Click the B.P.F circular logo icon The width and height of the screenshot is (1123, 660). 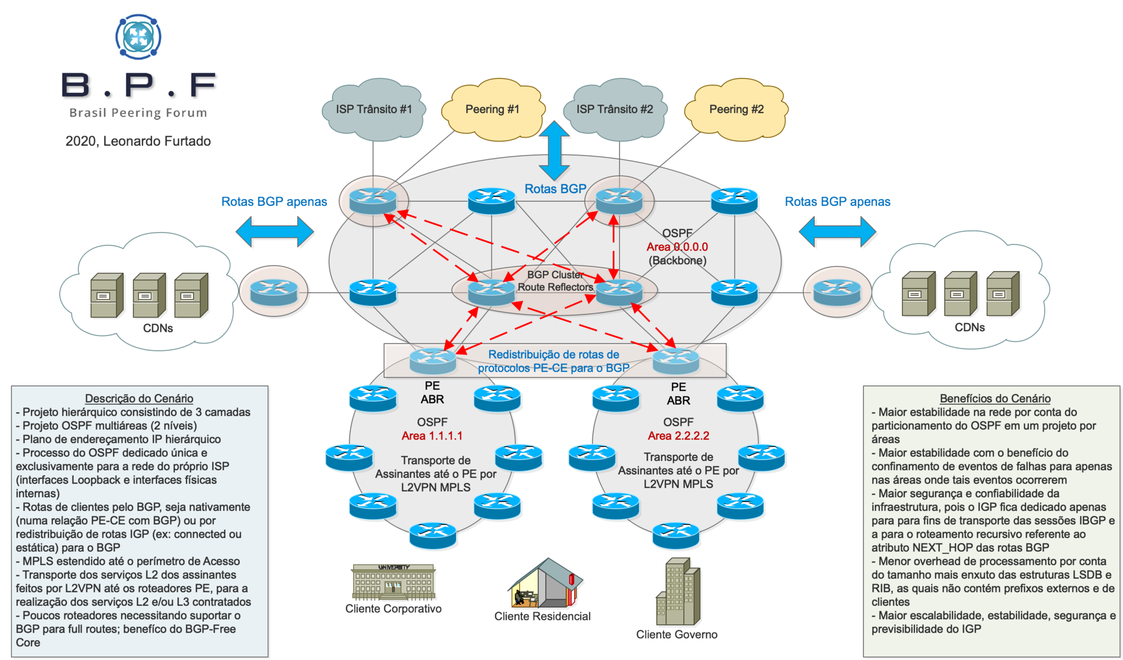point(139,37)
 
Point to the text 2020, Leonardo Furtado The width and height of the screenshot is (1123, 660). point(138,141)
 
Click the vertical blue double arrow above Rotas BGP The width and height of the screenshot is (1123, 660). point(554,150)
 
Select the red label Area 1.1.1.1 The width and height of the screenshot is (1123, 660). point(432,436)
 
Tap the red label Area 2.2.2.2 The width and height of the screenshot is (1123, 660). point(678,436)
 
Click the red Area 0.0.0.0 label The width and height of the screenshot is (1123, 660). point(677,247)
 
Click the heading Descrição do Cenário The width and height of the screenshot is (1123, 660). point(139,399)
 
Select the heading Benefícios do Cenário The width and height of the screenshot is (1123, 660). point(995,399)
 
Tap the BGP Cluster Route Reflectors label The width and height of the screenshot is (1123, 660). point(555,281)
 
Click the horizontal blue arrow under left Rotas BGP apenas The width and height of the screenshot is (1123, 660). point(275,232)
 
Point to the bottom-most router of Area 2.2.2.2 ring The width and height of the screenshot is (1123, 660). point(676,534)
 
